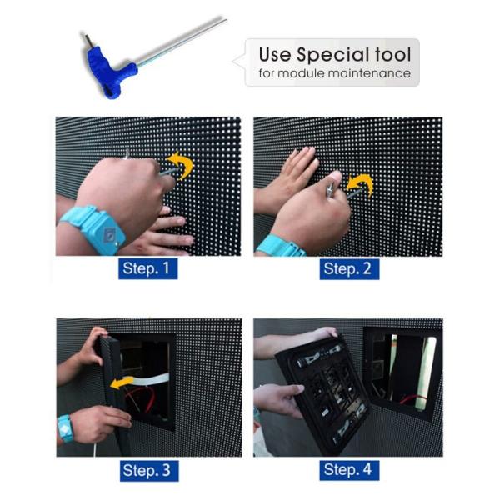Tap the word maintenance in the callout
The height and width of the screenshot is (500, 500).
coord(369,73)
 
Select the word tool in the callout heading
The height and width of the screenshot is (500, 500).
coord(392,54)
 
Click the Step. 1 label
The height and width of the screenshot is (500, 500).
coord(148,268)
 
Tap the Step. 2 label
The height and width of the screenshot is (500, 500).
coord(349,269)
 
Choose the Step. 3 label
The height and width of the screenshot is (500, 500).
coord(149,471)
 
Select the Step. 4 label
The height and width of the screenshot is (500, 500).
coord(349,470)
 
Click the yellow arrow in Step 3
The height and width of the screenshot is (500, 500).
coord(122,382)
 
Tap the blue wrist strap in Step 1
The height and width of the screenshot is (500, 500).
coord(96,228)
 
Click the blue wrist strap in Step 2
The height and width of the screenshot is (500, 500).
coord(281,246)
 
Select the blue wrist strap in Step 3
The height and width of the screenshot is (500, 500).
coord(65,428)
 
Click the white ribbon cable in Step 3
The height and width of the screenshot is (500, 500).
coord(150,379)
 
